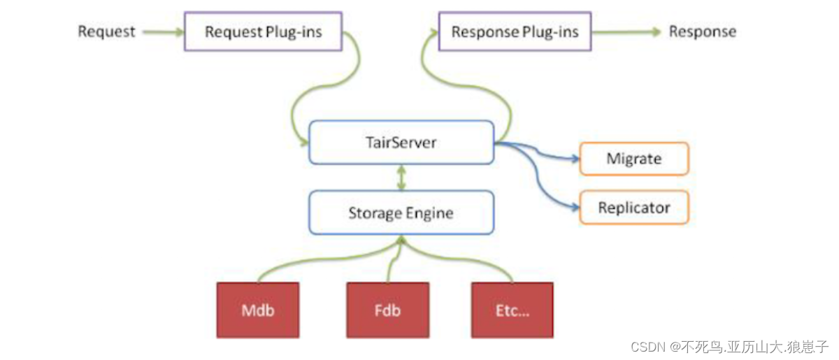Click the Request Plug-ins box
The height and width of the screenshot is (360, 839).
263,31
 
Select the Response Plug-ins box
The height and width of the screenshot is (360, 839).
515,31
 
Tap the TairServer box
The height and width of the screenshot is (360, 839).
401,143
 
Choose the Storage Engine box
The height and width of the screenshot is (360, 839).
401,213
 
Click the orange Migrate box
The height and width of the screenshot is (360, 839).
634,159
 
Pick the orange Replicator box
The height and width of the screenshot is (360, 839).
634,208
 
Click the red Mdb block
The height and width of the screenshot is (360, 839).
258,310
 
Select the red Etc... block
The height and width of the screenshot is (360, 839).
512,310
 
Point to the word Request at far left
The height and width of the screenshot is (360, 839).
106,31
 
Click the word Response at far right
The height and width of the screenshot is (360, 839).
702,31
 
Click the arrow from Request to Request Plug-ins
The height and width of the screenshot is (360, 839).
162,31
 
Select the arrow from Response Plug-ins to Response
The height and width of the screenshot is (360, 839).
626,31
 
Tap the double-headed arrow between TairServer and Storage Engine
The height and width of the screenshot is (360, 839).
401,178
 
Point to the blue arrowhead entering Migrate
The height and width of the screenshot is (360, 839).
576,159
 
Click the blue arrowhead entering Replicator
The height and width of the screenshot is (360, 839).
576,208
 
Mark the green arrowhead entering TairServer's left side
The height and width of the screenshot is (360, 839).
305,143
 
